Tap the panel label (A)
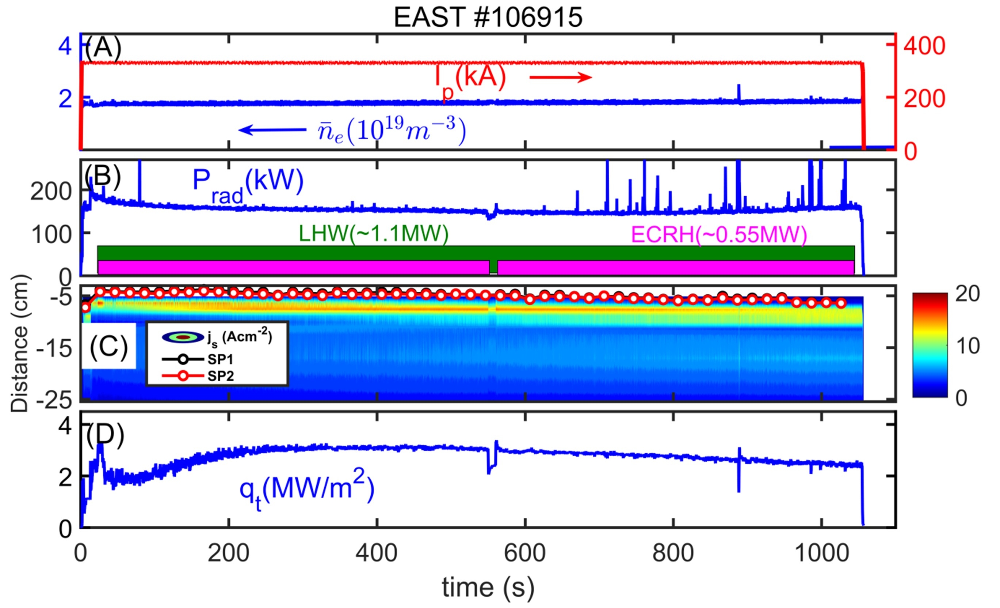[103, 48]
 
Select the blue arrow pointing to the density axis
[272, 130]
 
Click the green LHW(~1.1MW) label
[373, 234]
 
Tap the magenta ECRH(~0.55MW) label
[719, 235]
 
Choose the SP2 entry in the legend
[220, 377]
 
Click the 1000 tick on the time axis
[822, 553]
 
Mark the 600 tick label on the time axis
[525, 553]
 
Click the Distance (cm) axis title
[19, 343]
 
